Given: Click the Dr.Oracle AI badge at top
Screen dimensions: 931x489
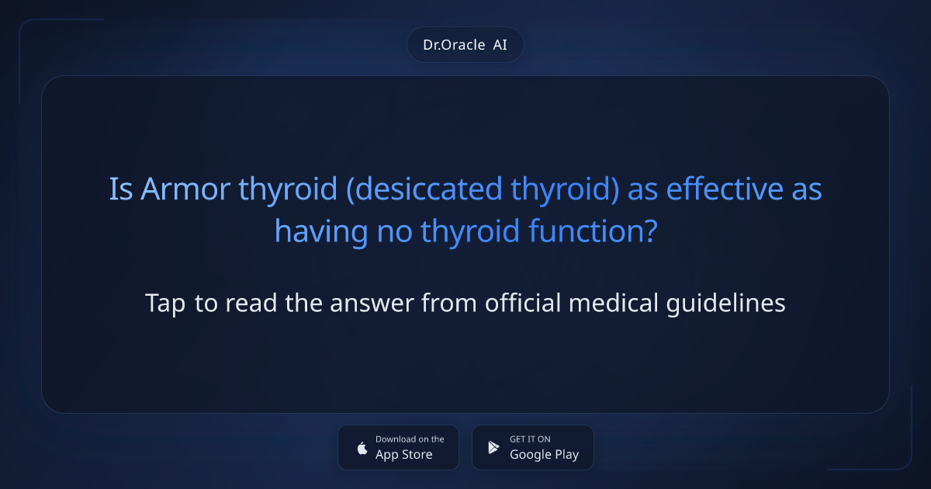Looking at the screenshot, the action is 465,44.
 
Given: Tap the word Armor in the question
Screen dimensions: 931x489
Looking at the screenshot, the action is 185,189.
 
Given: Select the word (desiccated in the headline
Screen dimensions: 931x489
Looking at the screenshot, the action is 424,189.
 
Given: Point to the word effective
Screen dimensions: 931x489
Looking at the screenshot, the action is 725,189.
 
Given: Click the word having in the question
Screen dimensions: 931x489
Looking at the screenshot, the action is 321,231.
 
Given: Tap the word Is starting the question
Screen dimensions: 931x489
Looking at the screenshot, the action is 121,189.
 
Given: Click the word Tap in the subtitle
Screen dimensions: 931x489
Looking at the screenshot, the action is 165,303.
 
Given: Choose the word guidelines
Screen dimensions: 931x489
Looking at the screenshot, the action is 725,303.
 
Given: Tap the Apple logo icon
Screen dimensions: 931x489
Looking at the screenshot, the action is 362,448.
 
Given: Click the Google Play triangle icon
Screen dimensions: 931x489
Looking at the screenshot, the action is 493,447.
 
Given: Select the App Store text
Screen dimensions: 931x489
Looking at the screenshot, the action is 404,455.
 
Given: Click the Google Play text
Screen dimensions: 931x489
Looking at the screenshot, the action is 545,455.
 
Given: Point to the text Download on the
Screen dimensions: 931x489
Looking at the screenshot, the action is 410,439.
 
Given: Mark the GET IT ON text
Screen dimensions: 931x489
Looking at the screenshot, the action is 531,439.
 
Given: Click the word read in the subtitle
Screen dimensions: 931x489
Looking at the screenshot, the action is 251,303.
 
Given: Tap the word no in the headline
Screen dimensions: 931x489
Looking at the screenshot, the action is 394,231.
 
